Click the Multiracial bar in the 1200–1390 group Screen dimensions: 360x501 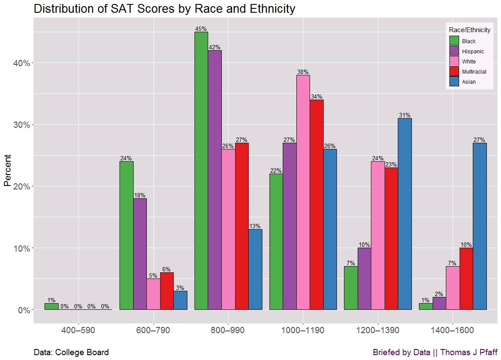click(391, 238)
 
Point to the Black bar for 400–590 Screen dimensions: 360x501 click(52, 306)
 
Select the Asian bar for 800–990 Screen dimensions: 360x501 click(255, 269)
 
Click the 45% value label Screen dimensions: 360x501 click(201, 29)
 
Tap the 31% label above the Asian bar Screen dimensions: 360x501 click(404, 115)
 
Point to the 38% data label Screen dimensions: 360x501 click(303, 72)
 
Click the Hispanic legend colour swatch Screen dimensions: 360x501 click(454, 51)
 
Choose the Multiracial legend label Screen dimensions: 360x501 click(474, 72)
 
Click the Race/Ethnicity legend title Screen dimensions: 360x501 click(469, 30)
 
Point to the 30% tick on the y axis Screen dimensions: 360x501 click(21, 125)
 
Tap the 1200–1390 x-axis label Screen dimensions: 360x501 click(378, 330)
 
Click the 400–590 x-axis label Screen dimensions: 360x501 click(79, 330)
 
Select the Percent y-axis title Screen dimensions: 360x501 click(7, 171)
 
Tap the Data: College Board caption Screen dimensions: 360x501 click(71, 353)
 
